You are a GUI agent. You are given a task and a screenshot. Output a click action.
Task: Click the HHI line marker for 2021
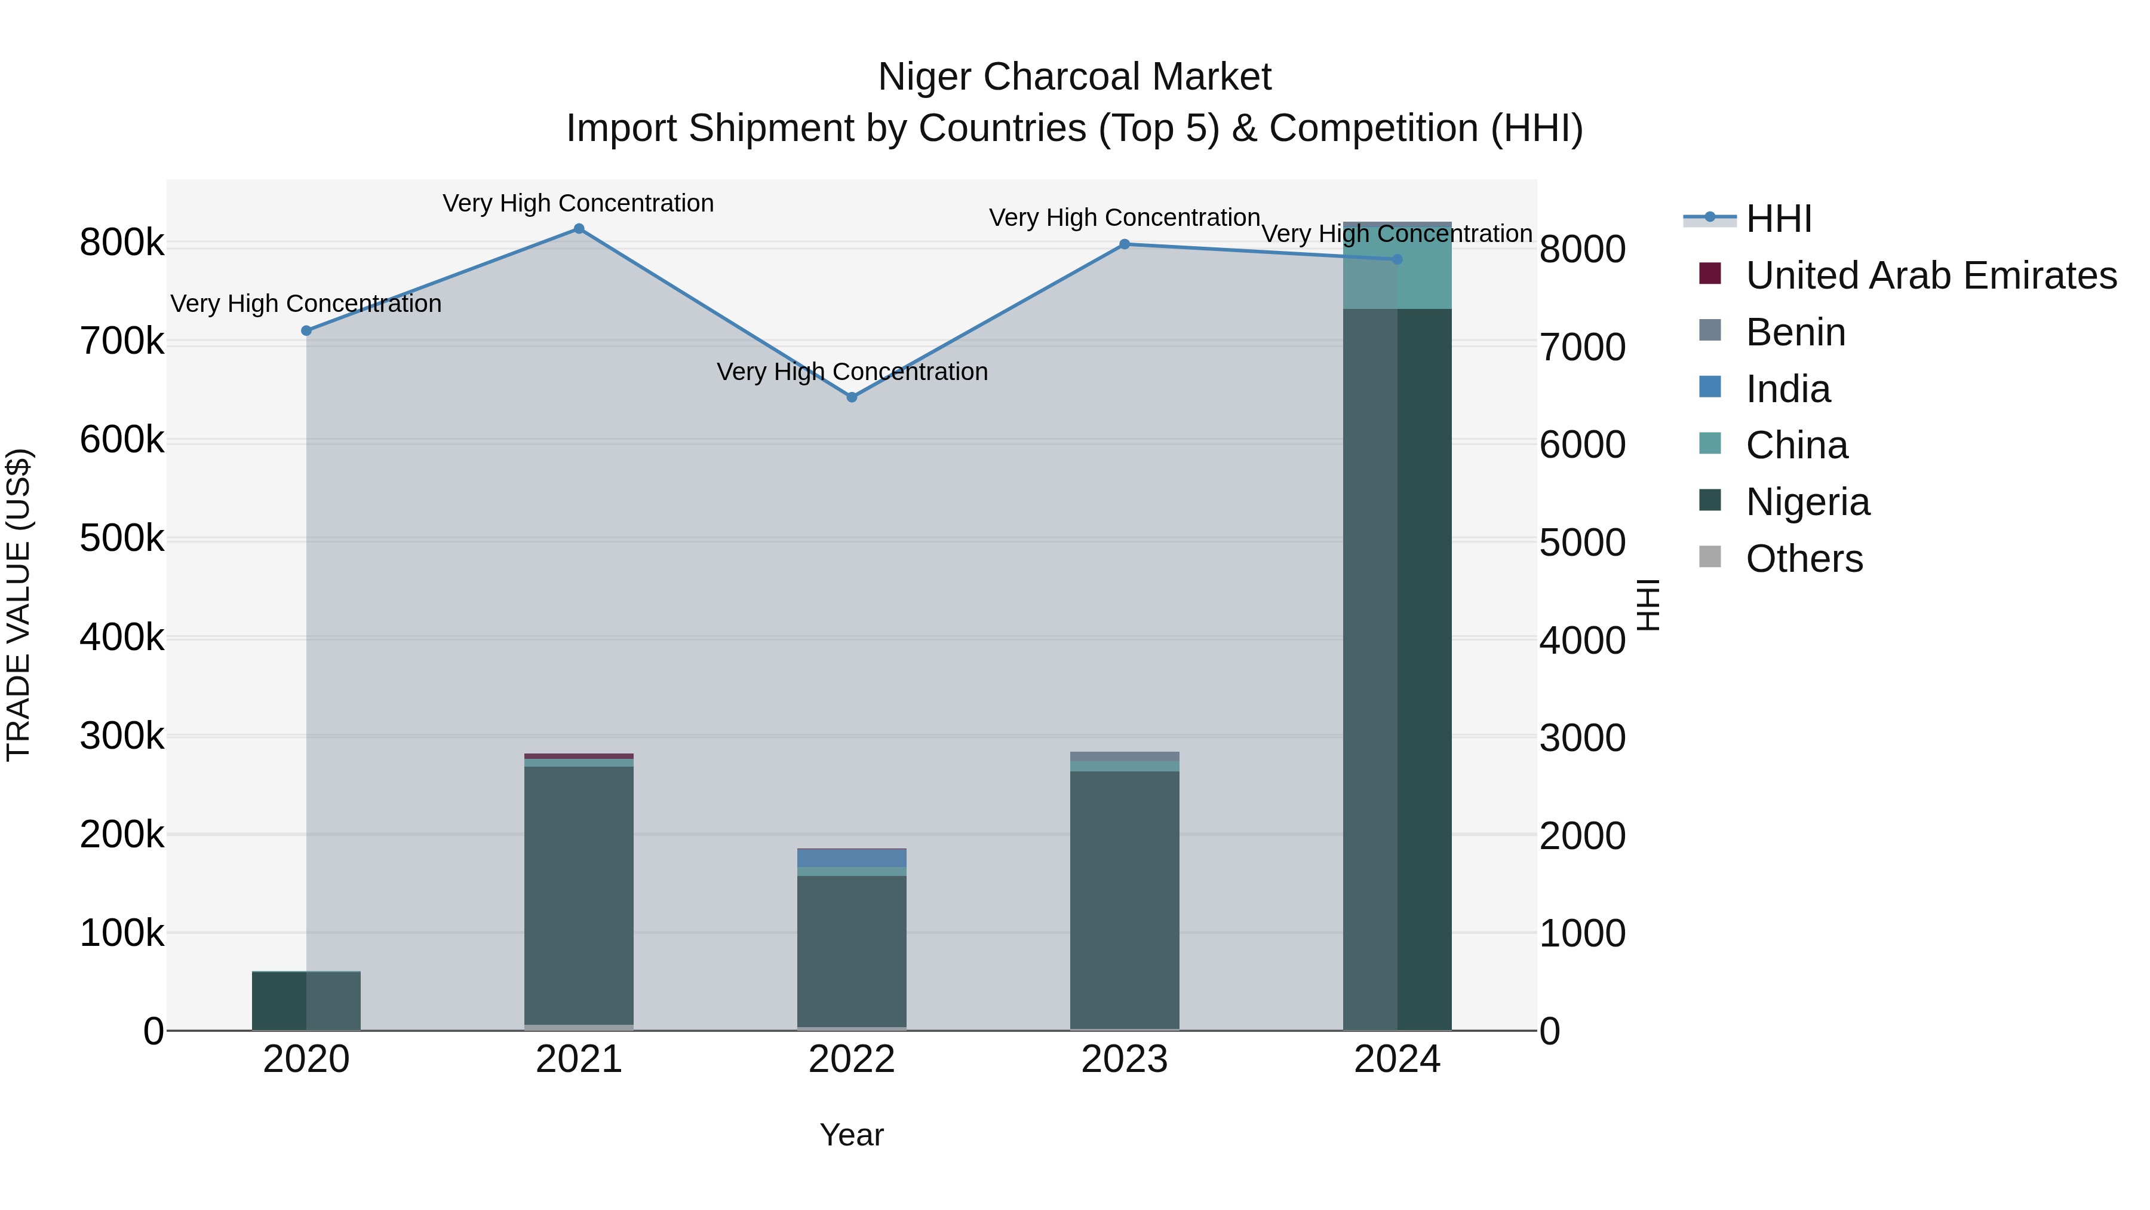pyautogui.click(x=578, y=229)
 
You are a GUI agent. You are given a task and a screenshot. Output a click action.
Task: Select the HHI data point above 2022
pyautogui.click(x=851, y=397)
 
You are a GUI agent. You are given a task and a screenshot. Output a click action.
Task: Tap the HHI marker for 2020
pyautogui.click(x=306, y=330)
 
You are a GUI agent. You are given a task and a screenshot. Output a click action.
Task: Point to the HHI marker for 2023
pyautogui.click(x=1124, y=244)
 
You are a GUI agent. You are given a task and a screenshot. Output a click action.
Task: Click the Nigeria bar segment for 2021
pyautogui.click(x=578, y=893)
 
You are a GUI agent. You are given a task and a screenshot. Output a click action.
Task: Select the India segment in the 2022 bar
pyautogui.click(x=851, y=859)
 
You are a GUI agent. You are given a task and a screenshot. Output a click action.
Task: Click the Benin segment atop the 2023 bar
pyautogui.click(x=1124, y=756)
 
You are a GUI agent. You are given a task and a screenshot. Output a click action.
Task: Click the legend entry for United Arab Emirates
pyautogui.click(x=1930, y=275)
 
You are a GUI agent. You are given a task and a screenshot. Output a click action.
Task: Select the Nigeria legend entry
pyautogui.click(x=1807, y=502)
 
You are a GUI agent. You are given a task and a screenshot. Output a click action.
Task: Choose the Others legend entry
pyautogui.click(x=1804, y=559)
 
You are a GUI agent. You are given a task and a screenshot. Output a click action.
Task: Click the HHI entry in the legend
pyautogui.click(x=1778, y=219)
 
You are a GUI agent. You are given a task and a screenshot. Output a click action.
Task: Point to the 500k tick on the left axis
pyautogui.click(x=122, y=538)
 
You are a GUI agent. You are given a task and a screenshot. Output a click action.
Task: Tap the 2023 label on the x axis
pyautogui.click(x=1124, y=1059)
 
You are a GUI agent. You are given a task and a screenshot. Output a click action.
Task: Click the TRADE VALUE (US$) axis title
pyautogui.click(x=19, y=605)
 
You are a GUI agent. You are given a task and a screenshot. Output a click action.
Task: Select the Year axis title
pyautogui.click(x=851, y=1135)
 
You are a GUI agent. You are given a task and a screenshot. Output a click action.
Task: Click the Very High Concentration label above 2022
pyautogui.click(x=851, y=372)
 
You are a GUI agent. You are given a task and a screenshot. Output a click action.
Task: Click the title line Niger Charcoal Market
pyautogui.click(x=1074, y=77)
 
